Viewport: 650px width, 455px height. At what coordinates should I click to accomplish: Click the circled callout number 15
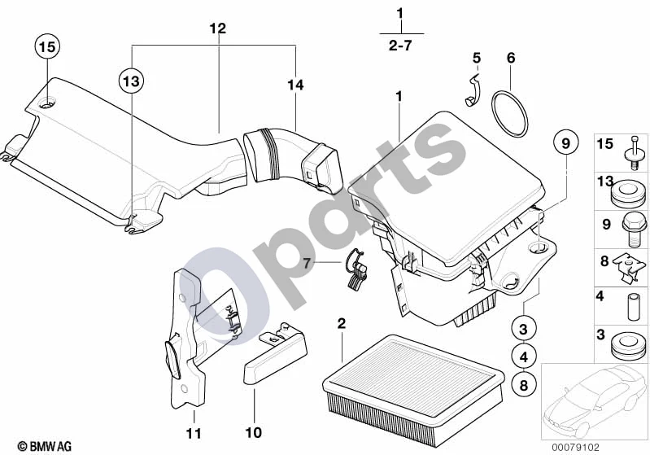47,46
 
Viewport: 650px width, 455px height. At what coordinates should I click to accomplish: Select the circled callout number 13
132,81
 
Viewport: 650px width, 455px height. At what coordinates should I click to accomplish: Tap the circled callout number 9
566,143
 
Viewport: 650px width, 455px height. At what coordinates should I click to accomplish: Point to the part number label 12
218,28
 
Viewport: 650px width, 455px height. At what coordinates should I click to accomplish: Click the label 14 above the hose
295,85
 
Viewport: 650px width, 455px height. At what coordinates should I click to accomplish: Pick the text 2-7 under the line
400,45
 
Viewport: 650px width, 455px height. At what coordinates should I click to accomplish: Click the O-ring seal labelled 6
509,114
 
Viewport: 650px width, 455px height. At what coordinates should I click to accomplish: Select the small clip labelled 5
472,90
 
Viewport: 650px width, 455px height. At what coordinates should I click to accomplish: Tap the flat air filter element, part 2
413,391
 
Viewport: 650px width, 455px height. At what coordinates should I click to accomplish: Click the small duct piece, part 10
274,353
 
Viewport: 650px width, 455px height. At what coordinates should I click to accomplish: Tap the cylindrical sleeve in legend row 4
634,307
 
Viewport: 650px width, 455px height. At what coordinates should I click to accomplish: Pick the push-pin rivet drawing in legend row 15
634,153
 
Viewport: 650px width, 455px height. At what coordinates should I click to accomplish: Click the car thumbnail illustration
595,401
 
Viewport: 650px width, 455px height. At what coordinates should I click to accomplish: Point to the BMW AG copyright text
45,446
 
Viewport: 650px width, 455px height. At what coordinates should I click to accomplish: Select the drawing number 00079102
575,447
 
